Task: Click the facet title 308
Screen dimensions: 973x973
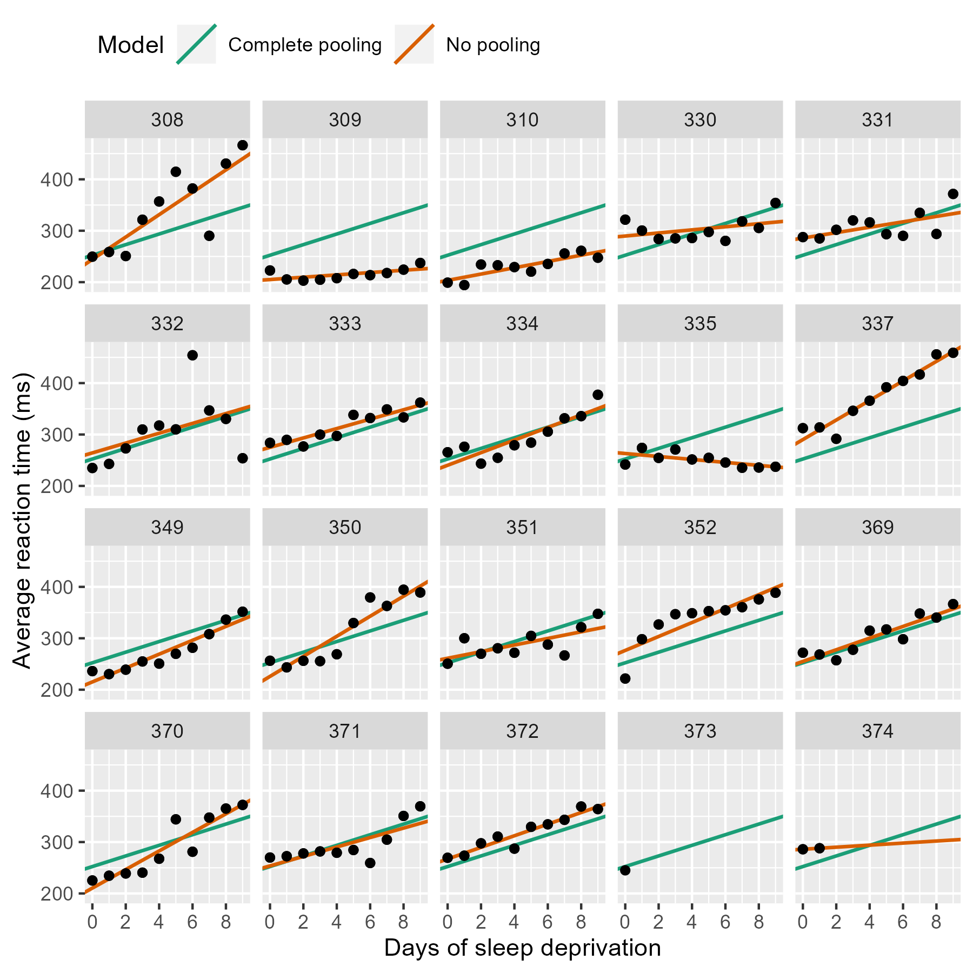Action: coord(167,119)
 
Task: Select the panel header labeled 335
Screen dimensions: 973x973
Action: coord(700,323)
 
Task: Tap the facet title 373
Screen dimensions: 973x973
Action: coord(700,731)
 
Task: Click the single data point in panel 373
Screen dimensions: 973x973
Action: coord(625,870)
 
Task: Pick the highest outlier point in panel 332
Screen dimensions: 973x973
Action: coord(192,355)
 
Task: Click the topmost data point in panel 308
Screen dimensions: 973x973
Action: coord(242,145)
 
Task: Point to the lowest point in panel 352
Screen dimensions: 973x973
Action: coord(625,678)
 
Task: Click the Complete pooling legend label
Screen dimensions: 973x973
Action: coord(305,45)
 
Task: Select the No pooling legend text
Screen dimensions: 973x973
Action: coord(492,45)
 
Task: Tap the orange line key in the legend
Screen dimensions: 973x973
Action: coord(414,44)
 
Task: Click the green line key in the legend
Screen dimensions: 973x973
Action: coord(196,44)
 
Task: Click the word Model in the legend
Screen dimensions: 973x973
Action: coord(130,45)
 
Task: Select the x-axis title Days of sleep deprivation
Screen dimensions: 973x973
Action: coord(522,948)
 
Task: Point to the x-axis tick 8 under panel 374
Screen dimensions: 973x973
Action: coord(936,922)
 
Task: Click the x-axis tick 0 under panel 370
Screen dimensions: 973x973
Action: coord(92,922)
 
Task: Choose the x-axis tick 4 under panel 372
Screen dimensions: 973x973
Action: coord(514,922)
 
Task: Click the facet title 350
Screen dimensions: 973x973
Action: coord(345,527)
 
